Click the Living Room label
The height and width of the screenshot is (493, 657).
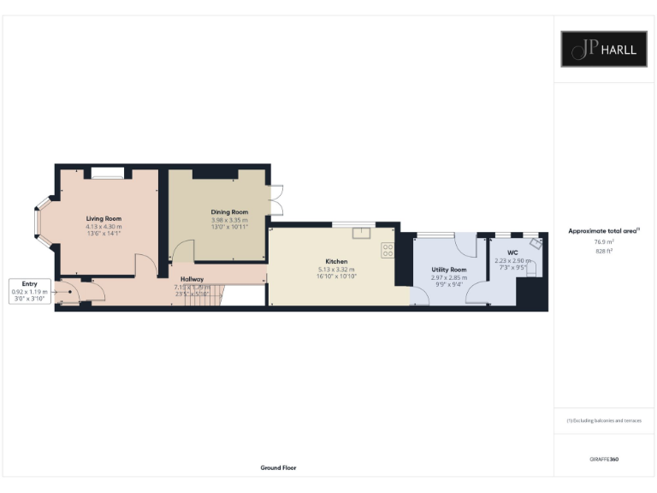pos(103,218)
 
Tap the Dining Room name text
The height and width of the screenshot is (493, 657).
pos(229,211)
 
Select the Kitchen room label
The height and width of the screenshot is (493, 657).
pos(335,261)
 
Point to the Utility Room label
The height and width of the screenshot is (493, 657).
pos(448,270)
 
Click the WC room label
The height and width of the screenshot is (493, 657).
pos(512,252)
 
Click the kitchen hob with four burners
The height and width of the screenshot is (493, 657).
pos(388,250)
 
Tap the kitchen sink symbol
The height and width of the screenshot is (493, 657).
pos(361,232)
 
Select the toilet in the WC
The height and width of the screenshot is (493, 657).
pos(530,269)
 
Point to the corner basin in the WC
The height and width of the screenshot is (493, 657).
pos(536,242)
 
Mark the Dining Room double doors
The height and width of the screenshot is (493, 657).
pos(275,202)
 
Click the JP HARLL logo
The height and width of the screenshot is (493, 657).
pos(598,49)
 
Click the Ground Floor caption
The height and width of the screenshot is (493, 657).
pos(278,468)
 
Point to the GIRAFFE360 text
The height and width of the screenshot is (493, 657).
pos(604,460)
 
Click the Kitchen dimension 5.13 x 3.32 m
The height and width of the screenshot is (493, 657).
pos(335,270)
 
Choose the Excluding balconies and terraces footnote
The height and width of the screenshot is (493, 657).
pos(605,421)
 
